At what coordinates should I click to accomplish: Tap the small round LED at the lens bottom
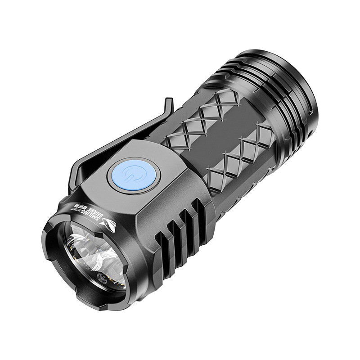[x=104, y=279]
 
